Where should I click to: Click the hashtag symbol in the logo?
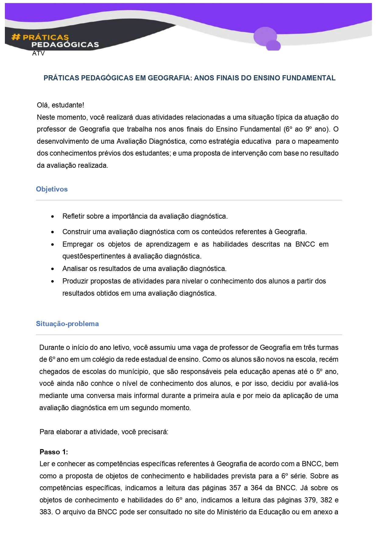coord(16,37)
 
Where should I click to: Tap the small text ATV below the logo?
coord(38,54)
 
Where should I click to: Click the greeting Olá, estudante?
coord(60,105)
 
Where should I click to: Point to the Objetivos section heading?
coord(52,189)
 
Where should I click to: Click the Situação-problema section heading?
coord(67,324)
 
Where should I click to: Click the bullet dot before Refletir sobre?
coord(53,217)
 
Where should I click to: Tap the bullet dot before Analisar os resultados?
coord(53,269)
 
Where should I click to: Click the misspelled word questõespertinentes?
coord(94,256)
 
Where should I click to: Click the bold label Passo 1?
coord(54,452)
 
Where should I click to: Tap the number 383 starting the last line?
coord(45,512)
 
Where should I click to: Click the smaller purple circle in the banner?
coord(273,46)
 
